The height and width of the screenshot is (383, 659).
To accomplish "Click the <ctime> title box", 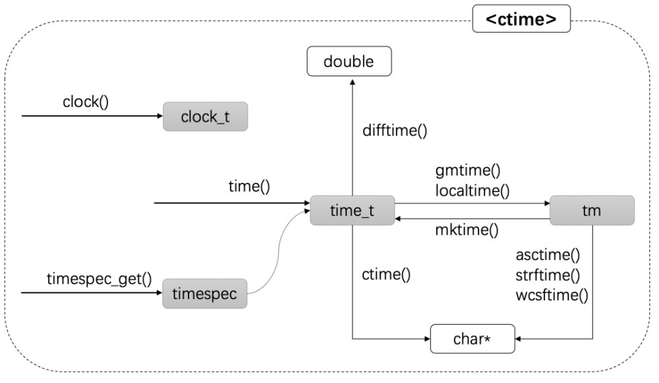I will click(x=521, y=19).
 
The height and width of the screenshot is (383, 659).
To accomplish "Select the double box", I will click(x=349, y=62).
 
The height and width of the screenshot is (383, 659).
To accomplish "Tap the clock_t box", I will click(x=205, y=116).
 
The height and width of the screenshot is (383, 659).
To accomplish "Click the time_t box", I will click(x=352, y=210).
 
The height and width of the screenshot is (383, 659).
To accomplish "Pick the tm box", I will click(x=592, y=210).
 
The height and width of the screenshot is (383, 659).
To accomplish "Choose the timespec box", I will click(x=205, y=294).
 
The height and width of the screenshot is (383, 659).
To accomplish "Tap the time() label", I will click(x=249, y=187).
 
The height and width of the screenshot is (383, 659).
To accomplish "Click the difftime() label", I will click(x=395, y=130).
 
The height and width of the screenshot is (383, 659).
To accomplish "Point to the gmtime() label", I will click(x=467, y=170).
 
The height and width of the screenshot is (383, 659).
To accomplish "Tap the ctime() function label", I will click(x=387, y=274).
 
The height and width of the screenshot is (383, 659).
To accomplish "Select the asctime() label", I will click(x=548, y=255).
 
